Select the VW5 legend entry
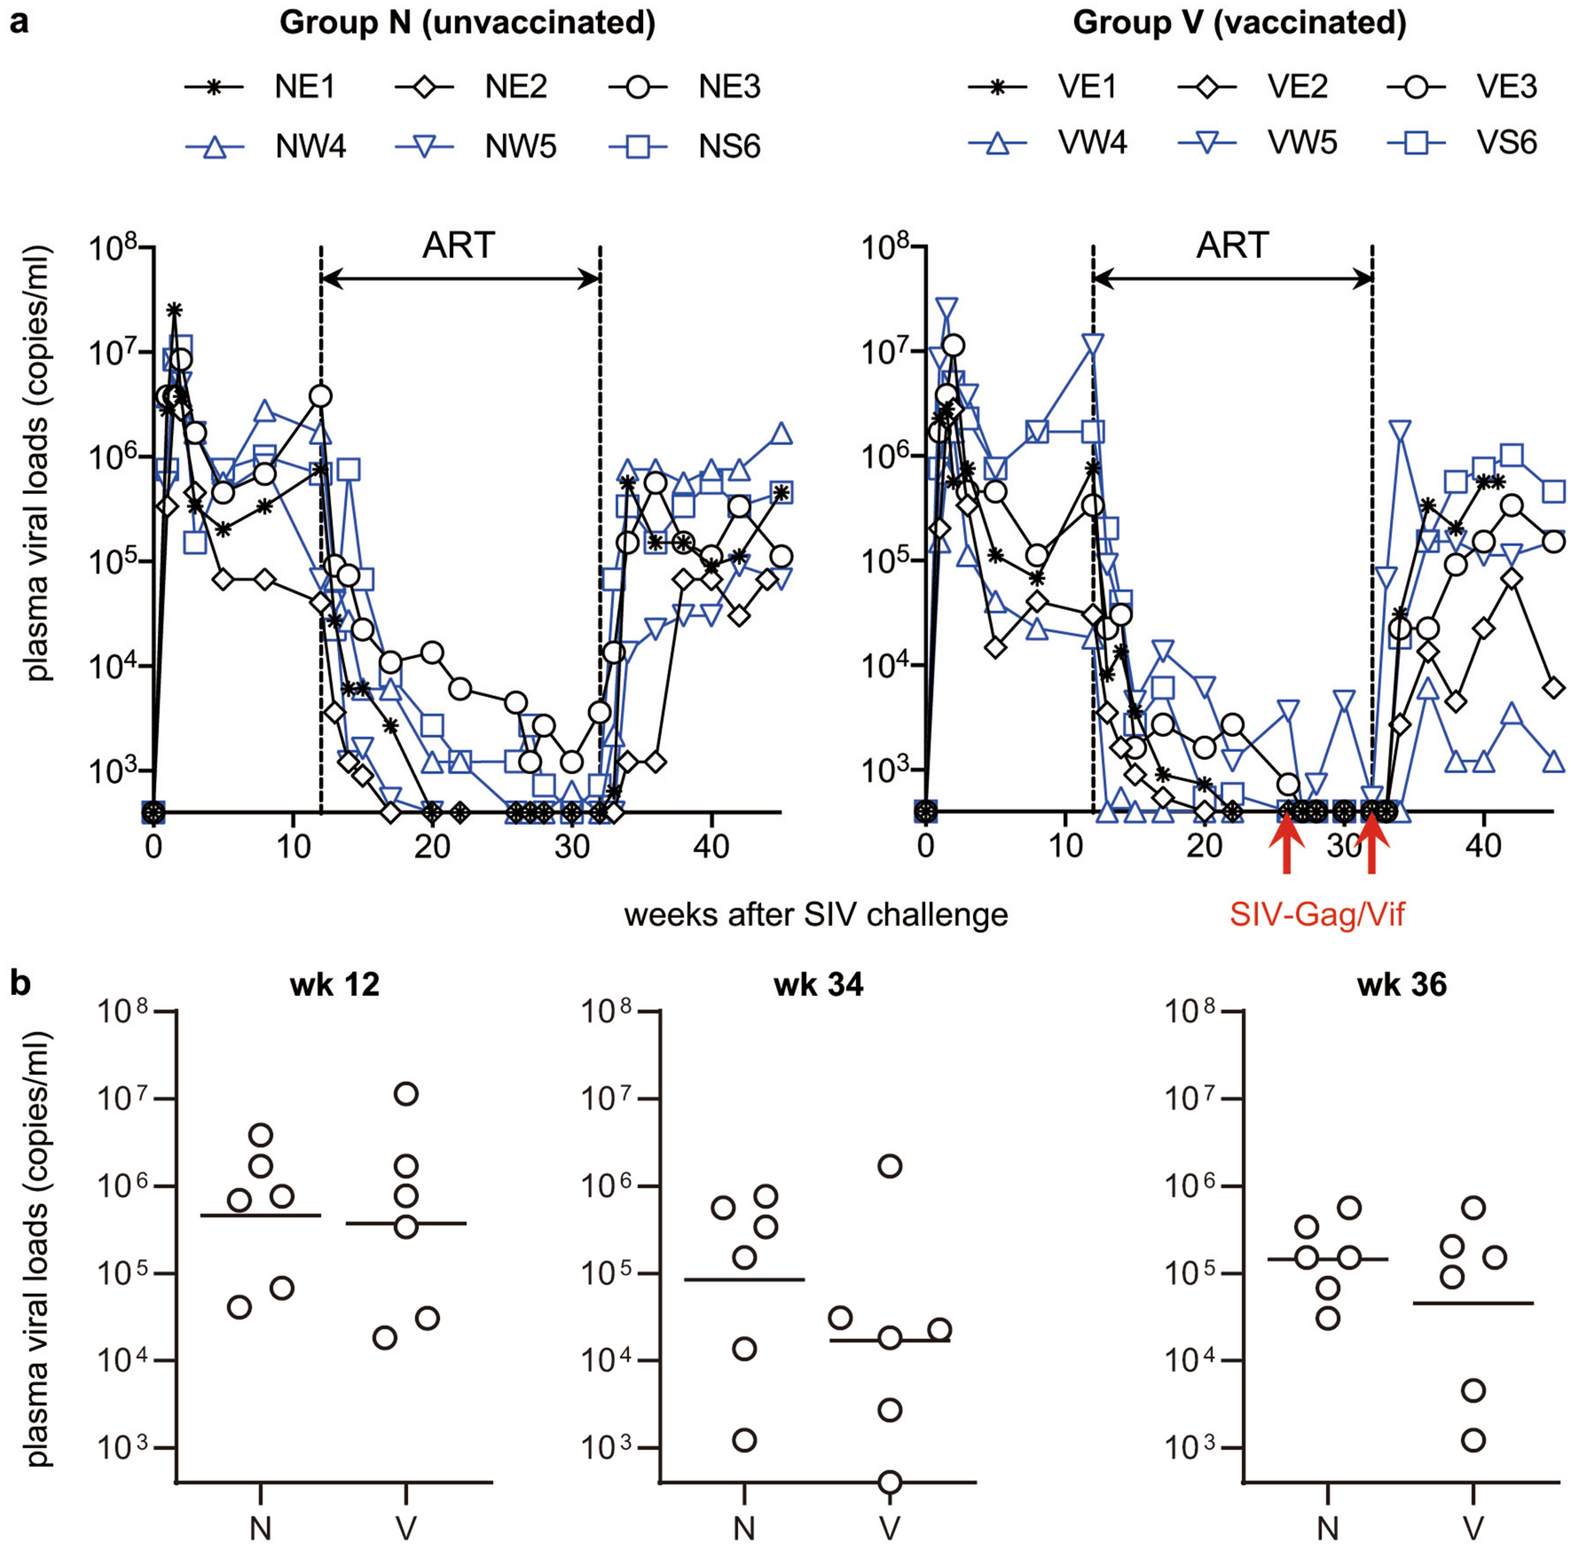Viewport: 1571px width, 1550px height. (x=1260, y=143)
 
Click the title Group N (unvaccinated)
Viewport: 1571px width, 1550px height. (x=467, y=23)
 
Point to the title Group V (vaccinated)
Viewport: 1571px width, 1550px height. (x=1239, y=23)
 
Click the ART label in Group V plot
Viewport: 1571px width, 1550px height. (x=1232, y=246)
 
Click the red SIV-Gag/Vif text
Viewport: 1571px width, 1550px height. (x=1316, y=913)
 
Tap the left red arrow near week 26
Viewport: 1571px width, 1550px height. (x=1287, y=846)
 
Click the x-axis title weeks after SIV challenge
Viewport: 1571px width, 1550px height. (x=815, y=914)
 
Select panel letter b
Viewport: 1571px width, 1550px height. (x=20, y=982)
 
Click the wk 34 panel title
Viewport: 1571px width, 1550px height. (x=818, y=984)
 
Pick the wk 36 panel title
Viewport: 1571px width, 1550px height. (x=1402, y=984)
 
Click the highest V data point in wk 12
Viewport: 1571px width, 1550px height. (x=406, y=1094)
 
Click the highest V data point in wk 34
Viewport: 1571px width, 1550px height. (x=890, y=1166)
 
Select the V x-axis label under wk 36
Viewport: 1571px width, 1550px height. (x=1473, y=1527)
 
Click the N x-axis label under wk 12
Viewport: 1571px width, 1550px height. (x=261, y=1527)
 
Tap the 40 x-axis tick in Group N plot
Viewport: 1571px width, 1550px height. (x=711, y=846)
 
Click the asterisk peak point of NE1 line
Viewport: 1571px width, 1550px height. (x=175, y=309)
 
